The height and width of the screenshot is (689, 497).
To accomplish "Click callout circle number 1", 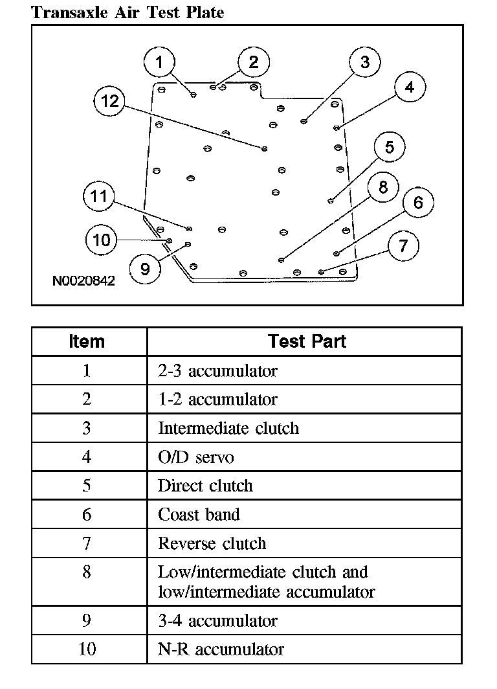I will tap(160, 63).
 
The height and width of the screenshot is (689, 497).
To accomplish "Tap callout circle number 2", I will tap(253, 62).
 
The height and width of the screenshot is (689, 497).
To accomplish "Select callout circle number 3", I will tap(365, 62).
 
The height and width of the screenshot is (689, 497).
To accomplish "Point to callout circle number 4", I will tap(410, 87).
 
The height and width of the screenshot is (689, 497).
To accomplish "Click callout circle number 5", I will tap(389, 148).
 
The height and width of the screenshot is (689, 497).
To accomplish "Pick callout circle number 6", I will tap(418, 203).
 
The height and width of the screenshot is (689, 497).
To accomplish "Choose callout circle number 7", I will tap(404, 246).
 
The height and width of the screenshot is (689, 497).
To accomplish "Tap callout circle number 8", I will tap(383, 188).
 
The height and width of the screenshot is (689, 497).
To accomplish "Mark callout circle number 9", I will tap(145, 268).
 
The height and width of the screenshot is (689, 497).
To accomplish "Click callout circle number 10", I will tap(102, 240).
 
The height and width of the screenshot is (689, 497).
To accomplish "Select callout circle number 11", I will tap(98, 196).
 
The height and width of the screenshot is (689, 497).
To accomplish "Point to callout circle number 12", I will tap(110, 101).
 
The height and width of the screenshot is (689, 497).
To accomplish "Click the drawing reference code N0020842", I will tap(84, 281).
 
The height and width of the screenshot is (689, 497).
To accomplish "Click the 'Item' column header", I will tap(87, 341).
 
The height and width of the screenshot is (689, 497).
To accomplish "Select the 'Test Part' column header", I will tap(307, 341).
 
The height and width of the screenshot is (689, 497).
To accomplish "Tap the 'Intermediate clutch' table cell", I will tap(228, 428).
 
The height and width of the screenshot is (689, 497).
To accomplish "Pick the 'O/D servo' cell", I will tap(195, 457).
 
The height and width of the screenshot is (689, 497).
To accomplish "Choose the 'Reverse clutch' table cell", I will tap(212, 543).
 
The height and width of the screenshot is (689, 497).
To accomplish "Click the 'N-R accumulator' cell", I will tap(221, 649).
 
